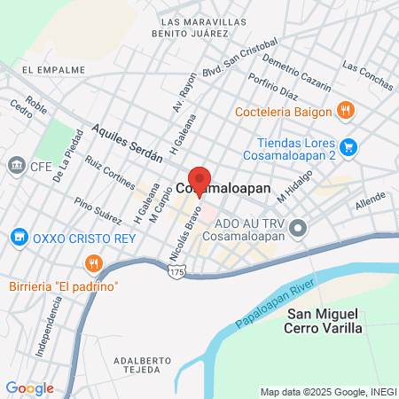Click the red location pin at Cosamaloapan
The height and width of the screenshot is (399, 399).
[x=199, y=176]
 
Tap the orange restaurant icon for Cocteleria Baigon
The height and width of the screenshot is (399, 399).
[x=346, y=111]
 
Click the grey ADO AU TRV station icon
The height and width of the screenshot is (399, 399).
[x=299, y=229]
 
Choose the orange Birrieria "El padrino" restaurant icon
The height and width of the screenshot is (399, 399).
[x=91, y=262]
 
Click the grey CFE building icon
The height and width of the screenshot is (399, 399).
[x=15, y=165]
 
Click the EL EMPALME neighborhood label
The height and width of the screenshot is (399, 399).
[x=53, y=69]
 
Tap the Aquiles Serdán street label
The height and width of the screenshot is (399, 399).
[x=128, y=142]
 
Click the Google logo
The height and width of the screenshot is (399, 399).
[x=29, y=387]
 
